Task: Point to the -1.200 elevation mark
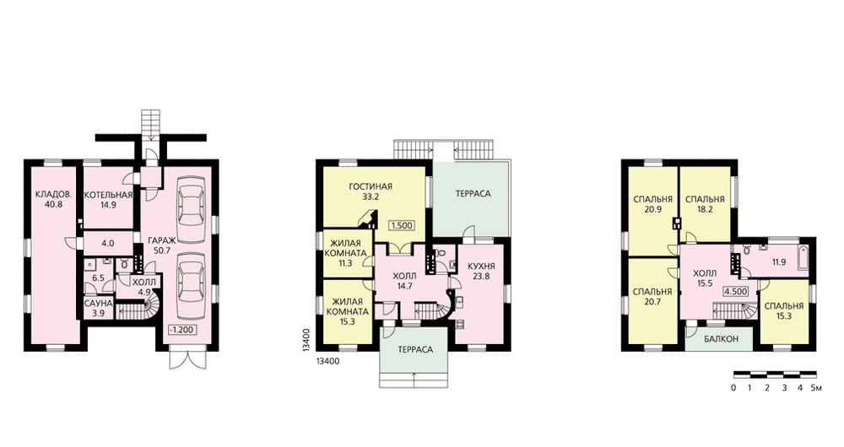[182, 330]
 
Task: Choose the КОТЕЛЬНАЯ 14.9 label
[108, 200]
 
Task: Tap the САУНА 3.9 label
[99, 308]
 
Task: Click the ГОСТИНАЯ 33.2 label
[371, 191]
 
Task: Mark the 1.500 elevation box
[403, 225]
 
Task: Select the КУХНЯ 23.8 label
[481, 271]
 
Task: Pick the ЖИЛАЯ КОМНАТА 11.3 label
[349, 253]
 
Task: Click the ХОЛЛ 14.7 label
[404, 282]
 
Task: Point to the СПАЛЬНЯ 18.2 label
[705, 204]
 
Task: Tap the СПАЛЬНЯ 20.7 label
[652, 296]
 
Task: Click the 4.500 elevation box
[736, 292]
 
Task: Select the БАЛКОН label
[722, 339]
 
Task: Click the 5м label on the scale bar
[817, 387]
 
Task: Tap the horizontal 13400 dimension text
[327, 362]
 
